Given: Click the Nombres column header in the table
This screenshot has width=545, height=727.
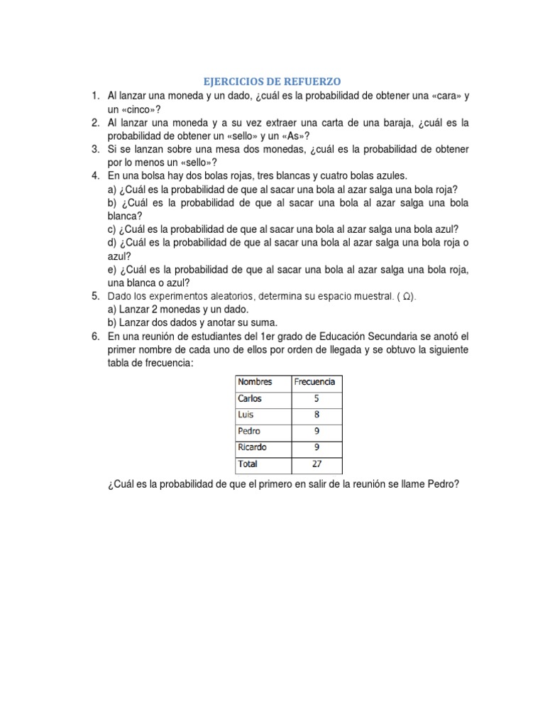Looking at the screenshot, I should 255,382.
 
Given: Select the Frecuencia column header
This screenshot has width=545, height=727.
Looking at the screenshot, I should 314,382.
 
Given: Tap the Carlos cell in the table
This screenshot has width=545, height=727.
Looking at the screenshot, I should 250,398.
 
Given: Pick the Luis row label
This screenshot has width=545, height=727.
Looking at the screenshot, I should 246,415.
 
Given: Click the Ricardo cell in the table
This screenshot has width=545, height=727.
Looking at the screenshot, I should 252,447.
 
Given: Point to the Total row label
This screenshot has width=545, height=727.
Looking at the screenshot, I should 248,464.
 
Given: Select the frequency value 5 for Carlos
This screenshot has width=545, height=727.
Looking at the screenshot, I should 316,398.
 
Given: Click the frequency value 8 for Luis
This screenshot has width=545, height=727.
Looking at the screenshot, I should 316,415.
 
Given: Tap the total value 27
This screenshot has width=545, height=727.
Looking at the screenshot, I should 316,464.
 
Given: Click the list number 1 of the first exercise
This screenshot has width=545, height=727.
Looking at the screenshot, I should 95,94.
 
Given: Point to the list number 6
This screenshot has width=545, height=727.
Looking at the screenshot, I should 95,337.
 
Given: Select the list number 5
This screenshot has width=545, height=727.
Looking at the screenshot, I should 95,296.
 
